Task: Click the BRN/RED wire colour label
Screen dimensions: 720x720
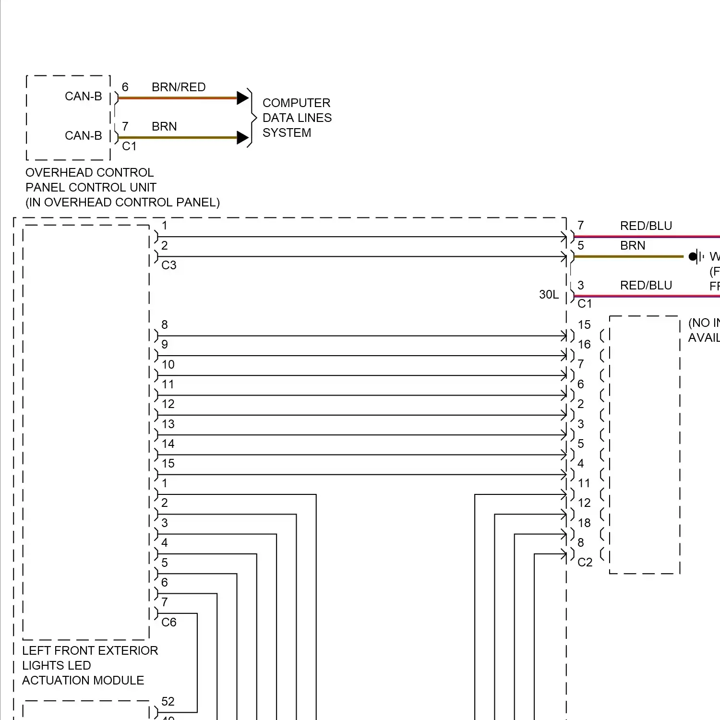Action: coord(179,87)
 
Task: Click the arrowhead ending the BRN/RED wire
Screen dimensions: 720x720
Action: coord(242,98)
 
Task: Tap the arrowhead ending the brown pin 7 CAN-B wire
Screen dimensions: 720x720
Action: coord(242,138)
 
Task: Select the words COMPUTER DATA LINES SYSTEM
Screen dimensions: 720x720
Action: coord(297,118)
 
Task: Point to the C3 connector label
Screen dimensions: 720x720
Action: coord(169,265)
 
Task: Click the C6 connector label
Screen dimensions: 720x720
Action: coord(169,623)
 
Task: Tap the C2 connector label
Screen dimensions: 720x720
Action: coord(585,563)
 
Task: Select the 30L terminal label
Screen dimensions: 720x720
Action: coord(549,295)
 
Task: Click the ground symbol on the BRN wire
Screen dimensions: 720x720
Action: coord(696,257)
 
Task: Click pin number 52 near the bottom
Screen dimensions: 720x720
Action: coord(168,702)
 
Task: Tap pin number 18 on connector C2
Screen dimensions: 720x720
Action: coord(584,523)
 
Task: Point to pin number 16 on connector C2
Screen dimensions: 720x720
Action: coord(584,345)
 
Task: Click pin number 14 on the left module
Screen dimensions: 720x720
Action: coord(168,444)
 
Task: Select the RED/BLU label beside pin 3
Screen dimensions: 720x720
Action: coord(646,286)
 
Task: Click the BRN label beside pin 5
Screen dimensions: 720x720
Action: coord(633,246)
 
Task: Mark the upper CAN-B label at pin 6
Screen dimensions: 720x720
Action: coord(84,96)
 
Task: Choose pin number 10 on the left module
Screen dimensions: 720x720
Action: coord(168,365)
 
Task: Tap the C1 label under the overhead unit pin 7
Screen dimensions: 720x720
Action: coord(129,146)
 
